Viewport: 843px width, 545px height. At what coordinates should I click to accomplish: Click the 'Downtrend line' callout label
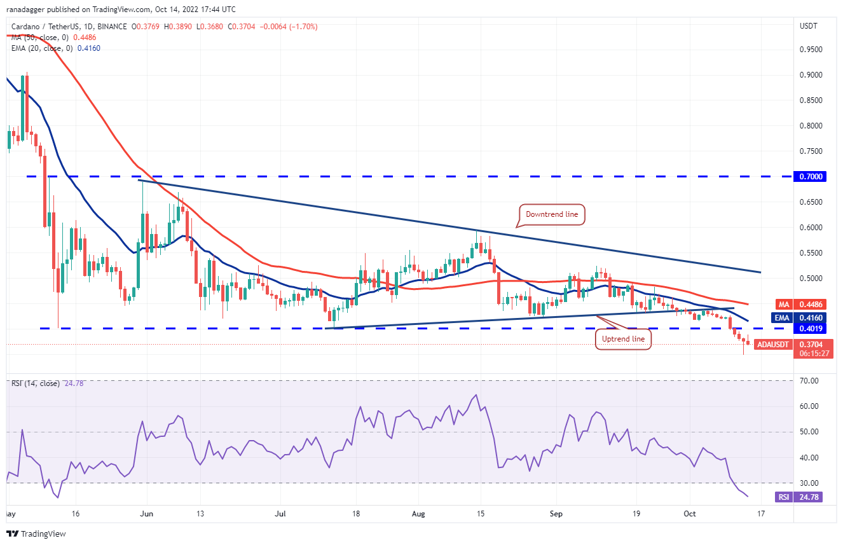552,215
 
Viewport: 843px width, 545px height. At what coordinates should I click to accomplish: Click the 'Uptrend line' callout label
623,339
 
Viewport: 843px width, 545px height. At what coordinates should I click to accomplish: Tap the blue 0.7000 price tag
811,176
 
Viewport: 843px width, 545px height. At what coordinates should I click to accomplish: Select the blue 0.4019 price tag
811,329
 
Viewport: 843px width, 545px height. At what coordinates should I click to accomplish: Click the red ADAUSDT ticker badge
772,345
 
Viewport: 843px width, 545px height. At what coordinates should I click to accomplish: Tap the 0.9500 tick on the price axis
810,49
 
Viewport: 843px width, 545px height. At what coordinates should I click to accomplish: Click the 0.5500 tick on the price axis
810,252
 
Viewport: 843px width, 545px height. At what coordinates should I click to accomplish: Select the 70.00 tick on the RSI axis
808,381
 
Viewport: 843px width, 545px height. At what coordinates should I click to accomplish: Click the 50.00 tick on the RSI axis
808,432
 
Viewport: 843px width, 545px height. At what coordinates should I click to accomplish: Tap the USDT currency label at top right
807,26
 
